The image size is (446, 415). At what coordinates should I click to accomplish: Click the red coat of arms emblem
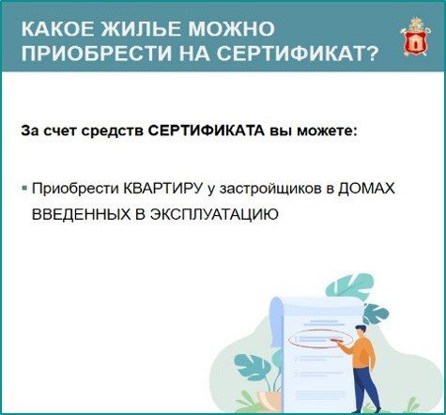415,38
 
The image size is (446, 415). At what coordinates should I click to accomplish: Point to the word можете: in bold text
327,131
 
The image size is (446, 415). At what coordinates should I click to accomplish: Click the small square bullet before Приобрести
24,189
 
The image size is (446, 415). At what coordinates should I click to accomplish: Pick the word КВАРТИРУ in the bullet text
162,189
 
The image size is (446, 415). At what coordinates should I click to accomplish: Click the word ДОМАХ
367,189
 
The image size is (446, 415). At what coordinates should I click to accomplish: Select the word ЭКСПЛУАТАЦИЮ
214,215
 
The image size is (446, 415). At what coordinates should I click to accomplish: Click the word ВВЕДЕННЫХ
79,215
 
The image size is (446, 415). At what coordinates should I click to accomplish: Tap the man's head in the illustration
361,330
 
